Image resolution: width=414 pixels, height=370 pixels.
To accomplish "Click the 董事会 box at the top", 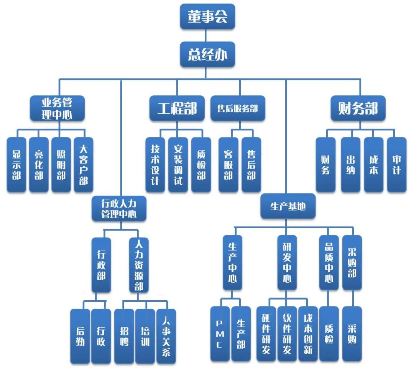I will tap(207, 17).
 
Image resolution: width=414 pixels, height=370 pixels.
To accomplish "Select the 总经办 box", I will tap(207, 55).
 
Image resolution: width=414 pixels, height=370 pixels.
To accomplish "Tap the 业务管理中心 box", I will tap(57, 108).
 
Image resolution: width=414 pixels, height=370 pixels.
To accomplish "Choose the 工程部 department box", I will tap(177, 108).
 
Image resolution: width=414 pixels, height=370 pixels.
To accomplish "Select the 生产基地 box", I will tap(288, 206).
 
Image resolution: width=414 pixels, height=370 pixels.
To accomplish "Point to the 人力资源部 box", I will tap(139, 264).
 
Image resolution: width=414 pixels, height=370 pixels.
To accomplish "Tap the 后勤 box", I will tap(80, 336).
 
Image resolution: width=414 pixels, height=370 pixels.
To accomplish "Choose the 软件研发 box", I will tap(287, 334).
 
